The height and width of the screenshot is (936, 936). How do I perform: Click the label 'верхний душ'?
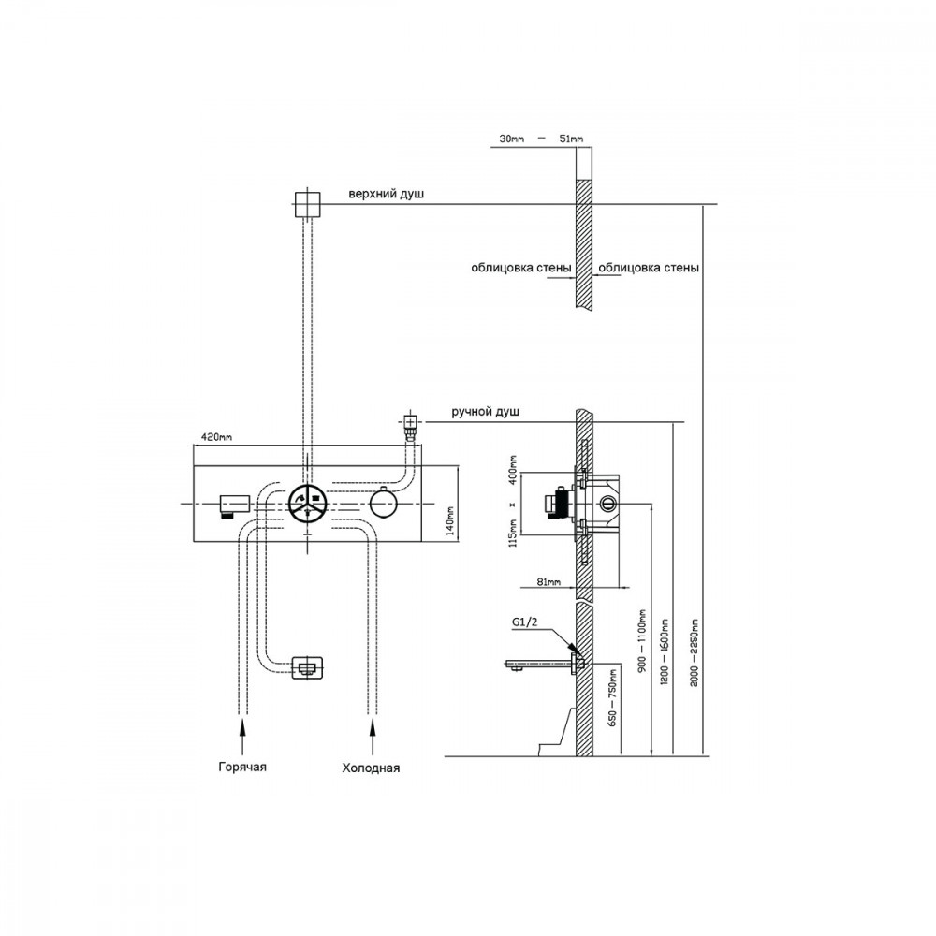point(387,194)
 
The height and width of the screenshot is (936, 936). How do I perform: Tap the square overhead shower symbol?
point(307,205)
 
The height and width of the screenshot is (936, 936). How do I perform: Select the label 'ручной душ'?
point(485,412)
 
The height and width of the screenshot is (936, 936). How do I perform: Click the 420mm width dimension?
point(217,437)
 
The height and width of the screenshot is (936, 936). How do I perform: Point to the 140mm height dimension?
point(451,520)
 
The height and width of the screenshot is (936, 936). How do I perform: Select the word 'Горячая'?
point(242,768)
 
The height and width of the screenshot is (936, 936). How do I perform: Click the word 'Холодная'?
point(371,768)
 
